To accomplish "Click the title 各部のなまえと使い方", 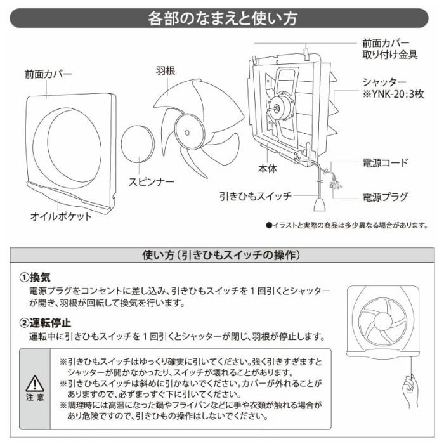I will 222,18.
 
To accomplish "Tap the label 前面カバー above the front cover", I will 49,74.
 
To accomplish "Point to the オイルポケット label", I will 62,216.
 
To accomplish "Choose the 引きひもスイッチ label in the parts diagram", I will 256,197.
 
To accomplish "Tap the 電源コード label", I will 385,163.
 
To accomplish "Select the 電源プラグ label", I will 385,197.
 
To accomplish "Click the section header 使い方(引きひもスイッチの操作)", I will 222,255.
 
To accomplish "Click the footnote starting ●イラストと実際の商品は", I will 348,225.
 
